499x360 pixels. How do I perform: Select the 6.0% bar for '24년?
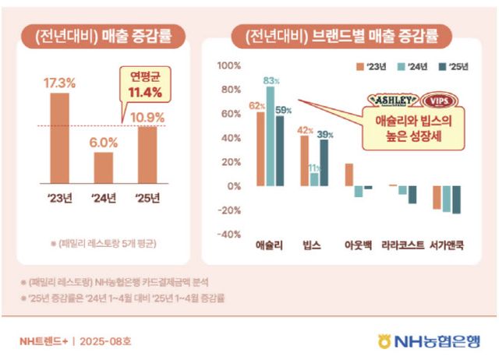104,168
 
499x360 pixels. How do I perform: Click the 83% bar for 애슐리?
271,136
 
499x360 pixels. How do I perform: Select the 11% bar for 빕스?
314,179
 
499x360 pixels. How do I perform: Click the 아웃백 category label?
359,245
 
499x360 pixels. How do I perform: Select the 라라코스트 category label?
402,245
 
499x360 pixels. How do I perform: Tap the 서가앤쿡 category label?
447,245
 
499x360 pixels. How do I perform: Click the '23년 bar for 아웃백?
349,175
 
